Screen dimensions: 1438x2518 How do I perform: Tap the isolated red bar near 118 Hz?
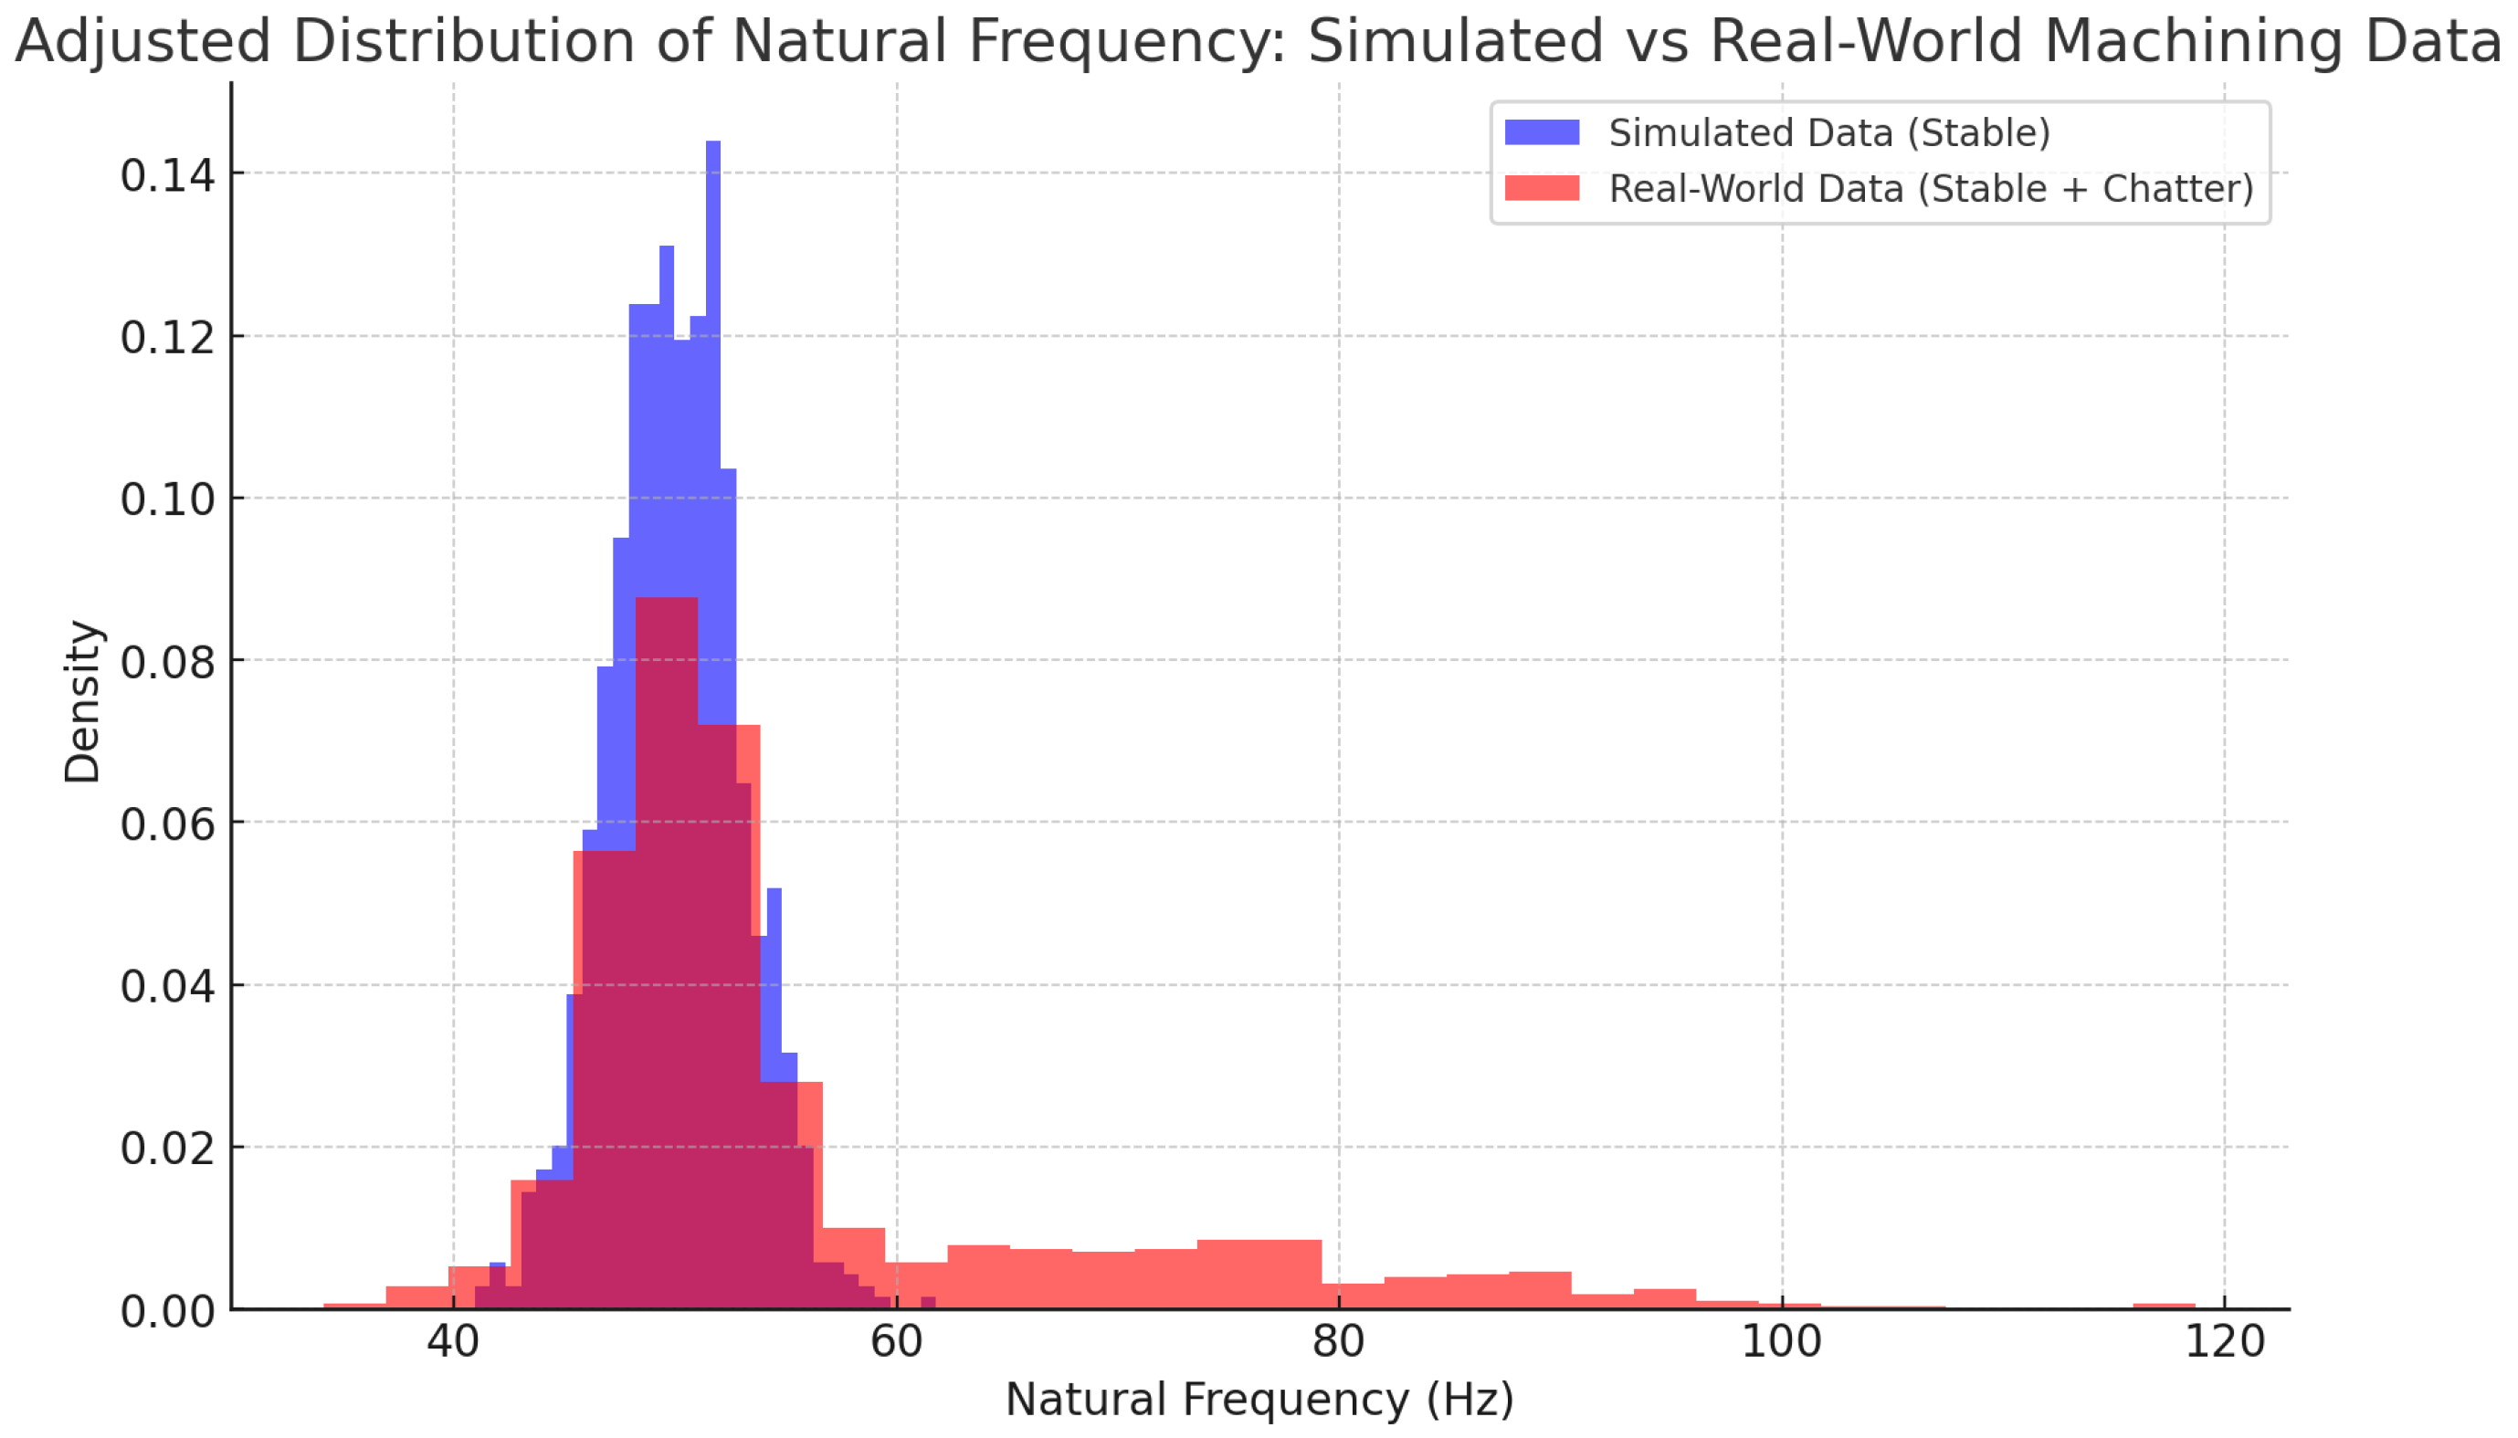2164,1306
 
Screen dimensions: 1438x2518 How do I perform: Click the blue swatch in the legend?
1541,132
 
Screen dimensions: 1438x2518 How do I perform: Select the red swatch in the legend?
1541,188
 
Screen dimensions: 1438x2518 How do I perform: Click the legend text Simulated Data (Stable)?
1828,132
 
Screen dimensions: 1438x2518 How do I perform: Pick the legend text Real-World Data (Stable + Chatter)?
1930,188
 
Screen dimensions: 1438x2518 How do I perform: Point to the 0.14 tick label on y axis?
167,176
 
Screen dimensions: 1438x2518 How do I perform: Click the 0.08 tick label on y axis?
167,662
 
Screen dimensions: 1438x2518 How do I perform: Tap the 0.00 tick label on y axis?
167,1312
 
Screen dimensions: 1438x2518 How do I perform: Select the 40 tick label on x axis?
453,1342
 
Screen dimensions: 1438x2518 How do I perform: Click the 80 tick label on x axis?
1339,1342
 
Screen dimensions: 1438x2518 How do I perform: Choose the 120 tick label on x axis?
2224,1342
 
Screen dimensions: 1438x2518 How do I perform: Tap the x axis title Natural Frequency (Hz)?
1259,1400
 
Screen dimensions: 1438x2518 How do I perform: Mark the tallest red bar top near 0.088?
667,602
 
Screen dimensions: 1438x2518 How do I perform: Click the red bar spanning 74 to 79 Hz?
1259,1274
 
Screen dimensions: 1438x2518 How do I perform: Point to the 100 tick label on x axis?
1781,1342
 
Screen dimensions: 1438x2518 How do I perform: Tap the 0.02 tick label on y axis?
167,1149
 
